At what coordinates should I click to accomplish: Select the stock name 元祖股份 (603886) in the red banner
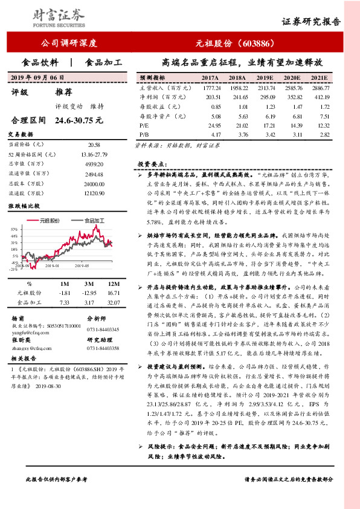point(236,44)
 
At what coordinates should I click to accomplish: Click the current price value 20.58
point(93,144)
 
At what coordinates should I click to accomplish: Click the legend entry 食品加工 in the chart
point(96,221)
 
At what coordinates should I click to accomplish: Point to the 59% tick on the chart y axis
point(13,230)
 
